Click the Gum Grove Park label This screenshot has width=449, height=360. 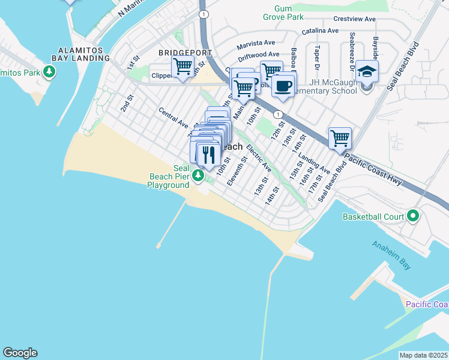tap(283, 13)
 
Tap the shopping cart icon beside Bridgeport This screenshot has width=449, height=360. tap(182, 67)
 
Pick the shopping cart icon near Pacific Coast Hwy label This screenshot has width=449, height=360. tap(340, 139)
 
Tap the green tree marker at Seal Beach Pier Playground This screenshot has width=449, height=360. tap(199, 175)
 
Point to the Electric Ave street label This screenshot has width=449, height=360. tap(259, 157)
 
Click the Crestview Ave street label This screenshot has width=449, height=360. tap(354, 19)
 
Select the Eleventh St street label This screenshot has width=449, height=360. tap(238, 171)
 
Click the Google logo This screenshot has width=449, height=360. tap(20, 353)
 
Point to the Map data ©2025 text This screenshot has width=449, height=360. tap(423, 355)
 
